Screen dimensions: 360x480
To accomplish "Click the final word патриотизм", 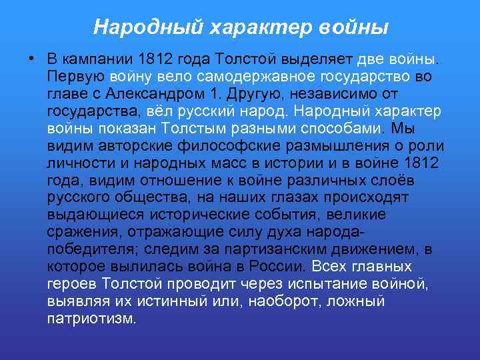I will pyautogui.click(x=91, y=319).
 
